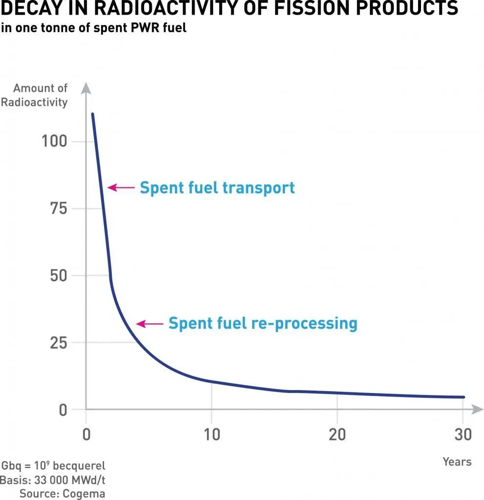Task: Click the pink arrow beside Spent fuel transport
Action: [121, 187]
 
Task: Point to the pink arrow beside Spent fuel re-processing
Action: [149, 323]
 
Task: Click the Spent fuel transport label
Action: [217, 187]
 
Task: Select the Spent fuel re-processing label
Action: [263, 323]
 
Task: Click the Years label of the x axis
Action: [457, 461]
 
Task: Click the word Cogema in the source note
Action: [84, 494]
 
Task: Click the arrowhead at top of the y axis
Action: [86, 88]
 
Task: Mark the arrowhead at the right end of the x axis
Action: [473, 409]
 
